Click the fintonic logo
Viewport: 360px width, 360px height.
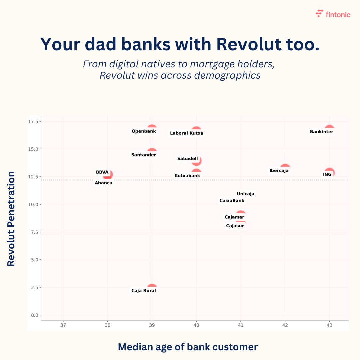click(x=333, y=14)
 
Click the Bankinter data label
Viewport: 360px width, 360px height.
click(x=321, y=132)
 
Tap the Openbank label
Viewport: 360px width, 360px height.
click(x=144, y=131)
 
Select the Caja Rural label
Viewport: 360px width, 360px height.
click(x=143, y=291)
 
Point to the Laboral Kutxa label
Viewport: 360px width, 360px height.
click(x=186, y=133)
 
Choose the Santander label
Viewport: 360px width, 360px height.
click(x=143, y=155)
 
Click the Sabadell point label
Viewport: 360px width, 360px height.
click(x=187, y=159)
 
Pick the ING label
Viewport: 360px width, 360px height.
click(x=327, y=174)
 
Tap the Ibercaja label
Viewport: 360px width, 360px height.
click(x=279, y=171)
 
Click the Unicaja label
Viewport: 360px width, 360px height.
click(x=245, y=194)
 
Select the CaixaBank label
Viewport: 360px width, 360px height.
click(x=232, y=201)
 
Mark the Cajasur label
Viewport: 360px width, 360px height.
click(x=235, y=226)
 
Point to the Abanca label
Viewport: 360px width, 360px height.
click(x=103, y=183)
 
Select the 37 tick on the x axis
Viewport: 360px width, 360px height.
click(x=63, y=325)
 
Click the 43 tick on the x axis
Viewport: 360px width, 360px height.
click(x=329, y=325)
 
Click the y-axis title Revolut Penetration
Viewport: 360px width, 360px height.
click(x=11, y=219)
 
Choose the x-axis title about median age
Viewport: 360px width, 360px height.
click(x=188, y=347)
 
